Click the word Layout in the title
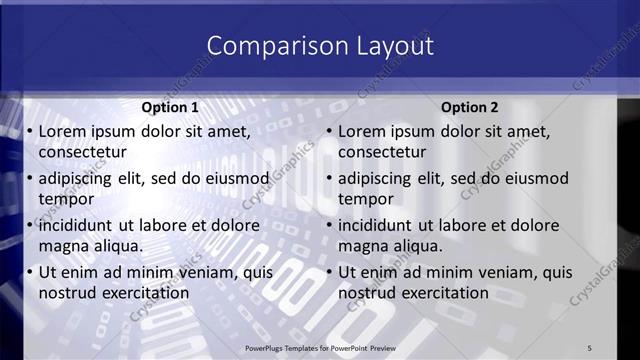click(388, 46)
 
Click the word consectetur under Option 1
click(82, 152)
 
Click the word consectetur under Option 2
click(382, 152)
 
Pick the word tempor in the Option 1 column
click(66, 199)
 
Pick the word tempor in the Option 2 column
click(366, 199)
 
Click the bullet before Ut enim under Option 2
click(329, 272)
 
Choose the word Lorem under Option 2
click(362, 131)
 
